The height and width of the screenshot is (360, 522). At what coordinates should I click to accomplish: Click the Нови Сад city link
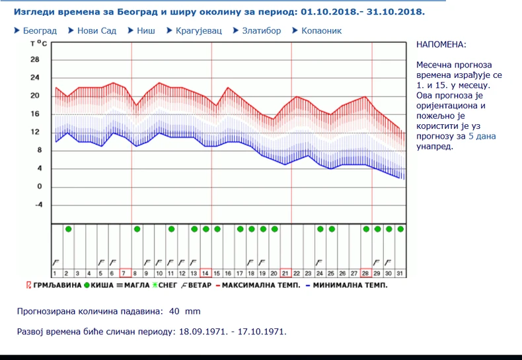pos(96,30)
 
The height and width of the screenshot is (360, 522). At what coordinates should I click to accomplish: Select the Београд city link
pos(40,30)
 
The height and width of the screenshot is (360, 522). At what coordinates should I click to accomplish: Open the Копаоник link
pos(321,30)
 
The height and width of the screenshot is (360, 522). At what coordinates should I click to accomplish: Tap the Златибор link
pos(261,30)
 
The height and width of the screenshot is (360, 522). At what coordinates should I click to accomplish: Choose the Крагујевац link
pos(199,30)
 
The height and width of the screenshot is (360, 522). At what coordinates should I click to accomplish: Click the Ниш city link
pos(146,30)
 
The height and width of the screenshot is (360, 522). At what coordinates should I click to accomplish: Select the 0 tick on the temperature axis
pos(38,187)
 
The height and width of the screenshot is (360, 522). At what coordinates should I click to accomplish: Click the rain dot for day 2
pos(68,229)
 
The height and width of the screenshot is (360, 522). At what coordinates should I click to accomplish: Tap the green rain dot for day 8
pos(137,229)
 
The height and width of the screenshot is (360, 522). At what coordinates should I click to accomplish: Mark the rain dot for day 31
pos(400,229)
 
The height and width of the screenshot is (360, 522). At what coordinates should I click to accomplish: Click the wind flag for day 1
pos(56,262)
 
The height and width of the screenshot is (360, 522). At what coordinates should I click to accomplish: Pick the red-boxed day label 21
pos(285,273)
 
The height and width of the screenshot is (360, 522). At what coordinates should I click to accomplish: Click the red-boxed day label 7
pos(124,273)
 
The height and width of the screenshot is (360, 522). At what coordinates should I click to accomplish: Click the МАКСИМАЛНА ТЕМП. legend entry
pos(260,285)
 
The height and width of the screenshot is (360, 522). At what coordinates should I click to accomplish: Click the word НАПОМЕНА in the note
pos(441,44)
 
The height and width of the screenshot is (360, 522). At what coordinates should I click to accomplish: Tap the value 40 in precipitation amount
pos(174,311)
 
